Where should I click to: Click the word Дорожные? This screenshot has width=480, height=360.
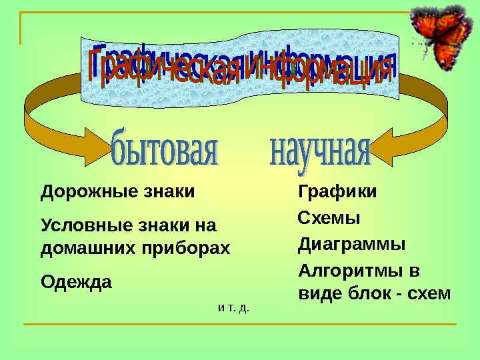click(x=78, y=192)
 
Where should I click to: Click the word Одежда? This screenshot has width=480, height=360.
click(x=77, y=282)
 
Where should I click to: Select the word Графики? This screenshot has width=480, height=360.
click(x=337, y=192)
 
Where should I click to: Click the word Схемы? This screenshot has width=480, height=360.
click(x=328, y=218)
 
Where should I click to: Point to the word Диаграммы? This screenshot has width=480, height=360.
click(x=351, y=244)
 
